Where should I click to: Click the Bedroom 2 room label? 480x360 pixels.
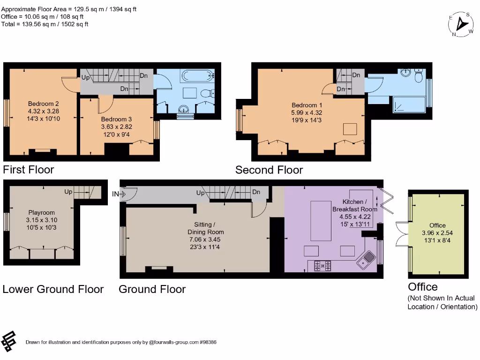coord(44,104)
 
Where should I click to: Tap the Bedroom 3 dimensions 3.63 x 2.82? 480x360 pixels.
coord(117,127)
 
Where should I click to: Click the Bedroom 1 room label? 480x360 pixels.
coord(307,105)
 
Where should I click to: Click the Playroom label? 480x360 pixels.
coord(41,212)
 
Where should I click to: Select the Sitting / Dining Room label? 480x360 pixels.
coord(205,228)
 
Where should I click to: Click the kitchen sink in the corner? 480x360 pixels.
coord(367,259)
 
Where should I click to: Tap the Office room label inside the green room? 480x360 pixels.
coord(437,225)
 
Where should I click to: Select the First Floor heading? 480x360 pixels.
coord(29,170)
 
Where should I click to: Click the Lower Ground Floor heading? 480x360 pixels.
coord(53,289)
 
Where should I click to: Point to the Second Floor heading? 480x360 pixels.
coord(269,170)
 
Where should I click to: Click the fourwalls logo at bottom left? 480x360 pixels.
coord(9,342)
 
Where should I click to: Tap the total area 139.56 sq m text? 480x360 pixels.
coord(45,24)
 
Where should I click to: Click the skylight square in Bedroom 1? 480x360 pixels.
coord(350,129)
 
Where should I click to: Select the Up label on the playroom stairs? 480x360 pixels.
coord(68,192)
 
